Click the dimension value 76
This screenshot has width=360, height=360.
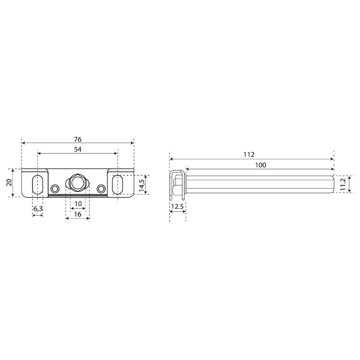pyautogui.click(x=77, y=139)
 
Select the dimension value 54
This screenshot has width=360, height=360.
pyautogui.click(x=77, y=149)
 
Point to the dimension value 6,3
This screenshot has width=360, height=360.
pyautogui.click(x=38, y=209)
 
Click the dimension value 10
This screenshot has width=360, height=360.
pyautogui.click(x=78, y=204)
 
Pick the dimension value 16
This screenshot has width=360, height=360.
pyautogui.click(x=77, y=214)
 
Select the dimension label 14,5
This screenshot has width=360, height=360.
pyautogui.click(x=142, y=185)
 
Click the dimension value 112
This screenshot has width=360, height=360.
pyautogui.click(x=249, y=154)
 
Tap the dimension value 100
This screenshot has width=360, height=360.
pyautogui.click(x=261, y=165)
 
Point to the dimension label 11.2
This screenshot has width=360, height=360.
pyautogui.click(x=343, y=184)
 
